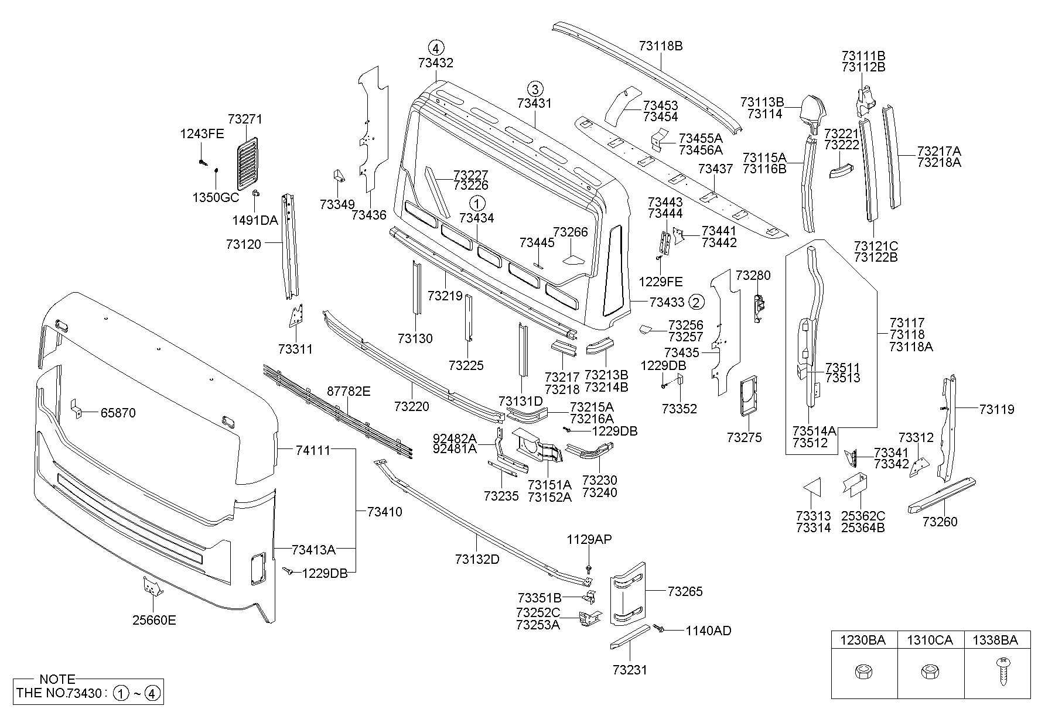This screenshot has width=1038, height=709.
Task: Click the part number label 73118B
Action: (661, 46)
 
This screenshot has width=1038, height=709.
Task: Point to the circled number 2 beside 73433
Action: (696, 302)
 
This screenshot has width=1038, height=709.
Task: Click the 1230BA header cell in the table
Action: (864, 641)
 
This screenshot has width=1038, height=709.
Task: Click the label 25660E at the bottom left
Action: (154, 620)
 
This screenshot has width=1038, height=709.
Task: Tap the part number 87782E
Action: (349, 392)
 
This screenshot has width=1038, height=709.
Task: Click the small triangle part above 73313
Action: (811, 488)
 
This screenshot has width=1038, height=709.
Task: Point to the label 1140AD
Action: (709, 631)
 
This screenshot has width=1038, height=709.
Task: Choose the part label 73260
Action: (940, 522)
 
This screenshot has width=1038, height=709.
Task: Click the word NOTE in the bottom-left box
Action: (57, 679)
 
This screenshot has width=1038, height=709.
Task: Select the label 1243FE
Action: (202, 134)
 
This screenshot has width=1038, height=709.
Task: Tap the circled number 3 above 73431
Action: (534, 89)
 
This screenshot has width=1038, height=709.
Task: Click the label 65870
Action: (118, 413)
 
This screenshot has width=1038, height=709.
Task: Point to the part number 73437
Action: (715, 169)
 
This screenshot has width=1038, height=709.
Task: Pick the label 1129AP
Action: (589, 539)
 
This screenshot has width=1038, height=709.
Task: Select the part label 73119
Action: (996, 409)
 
